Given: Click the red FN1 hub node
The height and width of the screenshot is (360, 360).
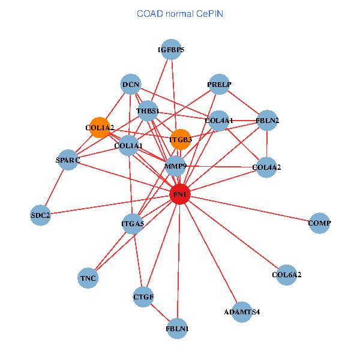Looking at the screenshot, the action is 180,194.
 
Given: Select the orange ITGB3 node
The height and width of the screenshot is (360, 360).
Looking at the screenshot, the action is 181,139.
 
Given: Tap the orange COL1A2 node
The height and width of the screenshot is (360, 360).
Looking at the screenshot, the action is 100,127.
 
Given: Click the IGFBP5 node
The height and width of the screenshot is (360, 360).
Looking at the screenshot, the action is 171,49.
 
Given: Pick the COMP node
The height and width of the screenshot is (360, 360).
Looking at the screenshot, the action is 319,223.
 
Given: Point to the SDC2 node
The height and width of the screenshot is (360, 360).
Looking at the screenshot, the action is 40,215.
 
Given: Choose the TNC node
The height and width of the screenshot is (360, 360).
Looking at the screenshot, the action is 88,278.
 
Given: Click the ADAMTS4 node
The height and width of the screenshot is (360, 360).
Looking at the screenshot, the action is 242,312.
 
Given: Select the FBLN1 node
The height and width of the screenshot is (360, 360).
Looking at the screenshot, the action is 177,329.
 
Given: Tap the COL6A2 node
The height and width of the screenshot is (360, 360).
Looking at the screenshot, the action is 286,275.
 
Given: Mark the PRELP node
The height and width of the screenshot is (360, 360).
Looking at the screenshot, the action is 219,84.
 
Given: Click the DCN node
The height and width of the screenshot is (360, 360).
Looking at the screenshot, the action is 131,84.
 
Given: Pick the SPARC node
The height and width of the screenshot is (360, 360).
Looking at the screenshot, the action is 68,160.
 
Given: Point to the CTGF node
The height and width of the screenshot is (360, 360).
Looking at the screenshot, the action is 143,297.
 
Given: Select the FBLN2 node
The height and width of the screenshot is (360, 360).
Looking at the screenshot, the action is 267,121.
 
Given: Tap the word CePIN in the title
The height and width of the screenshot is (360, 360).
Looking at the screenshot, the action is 209,14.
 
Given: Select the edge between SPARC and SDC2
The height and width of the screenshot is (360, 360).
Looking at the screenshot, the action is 54,187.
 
